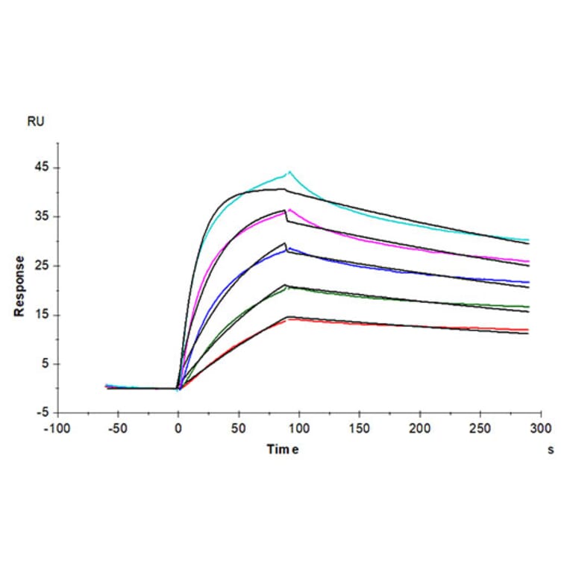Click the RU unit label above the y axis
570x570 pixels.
pos(36,122)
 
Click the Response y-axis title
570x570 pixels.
pos(19,286)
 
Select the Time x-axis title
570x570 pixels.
pos(284,449)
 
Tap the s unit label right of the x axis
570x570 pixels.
pos(551,450)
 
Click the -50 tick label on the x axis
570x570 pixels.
pos(117,429)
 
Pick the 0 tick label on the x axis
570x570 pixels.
pos(178,429)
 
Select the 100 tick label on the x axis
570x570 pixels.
pos(298,429)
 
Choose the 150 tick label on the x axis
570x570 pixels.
pos(360,429)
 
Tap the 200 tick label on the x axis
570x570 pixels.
pos(420,429)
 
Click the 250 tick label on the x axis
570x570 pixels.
pos(480,429)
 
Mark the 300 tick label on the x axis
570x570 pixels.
pos(541,429)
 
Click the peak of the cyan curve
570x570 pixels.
pos(289,172)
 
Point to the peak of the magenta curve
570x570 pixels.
pos(289,210)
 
